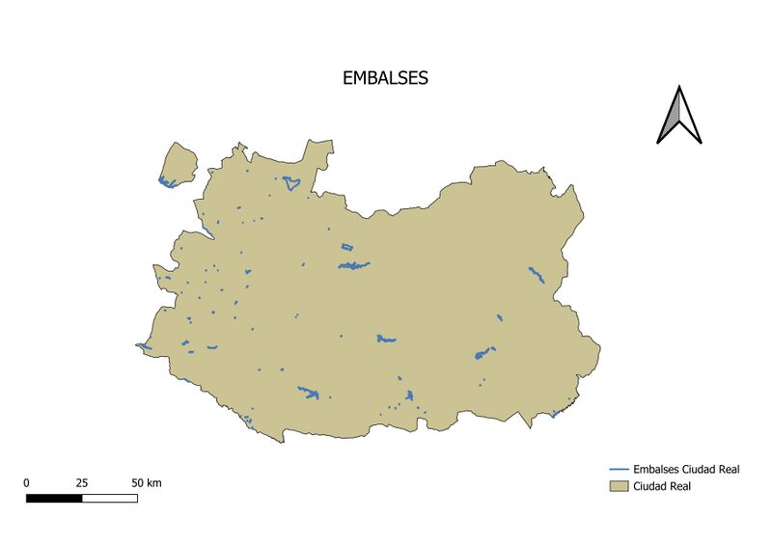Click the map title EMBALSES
[x=385, y=79]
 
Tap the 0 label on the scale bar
[x=26, y=482]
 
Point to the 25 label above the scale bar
[x=82, y=482]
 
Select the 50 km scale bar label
[x=146, y=482]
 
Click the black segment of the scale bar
[x=54, y=499]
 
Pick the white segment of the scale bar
[x=109, y=499]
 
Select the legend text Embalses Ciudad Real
[x=686, y=470]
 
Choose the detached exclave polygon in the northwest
[x=178, y=162]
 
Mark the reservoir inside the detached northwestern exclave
[x=167, y=182]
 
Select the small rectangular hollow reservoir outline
[x=347, y=248]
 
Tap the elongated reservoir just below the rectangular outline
[x=354, y=265]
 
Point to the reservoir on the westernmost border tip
[x=144, y=346]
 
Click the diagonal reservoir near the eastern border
[x=537, y=275]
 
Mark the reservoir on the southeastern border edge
[x=555, y=415]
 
